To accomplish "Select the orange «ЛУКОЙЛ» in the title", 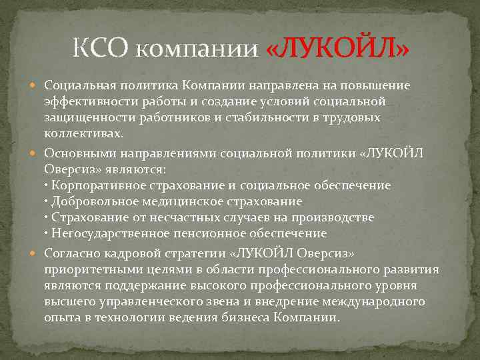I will [x=337, y=49].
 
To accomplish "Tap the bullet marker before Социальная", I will [x=37, y=86].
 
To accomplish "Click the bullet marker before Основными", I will [x=37, y=153].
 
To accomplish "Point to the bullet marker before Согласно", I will [x=37, y=253].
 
